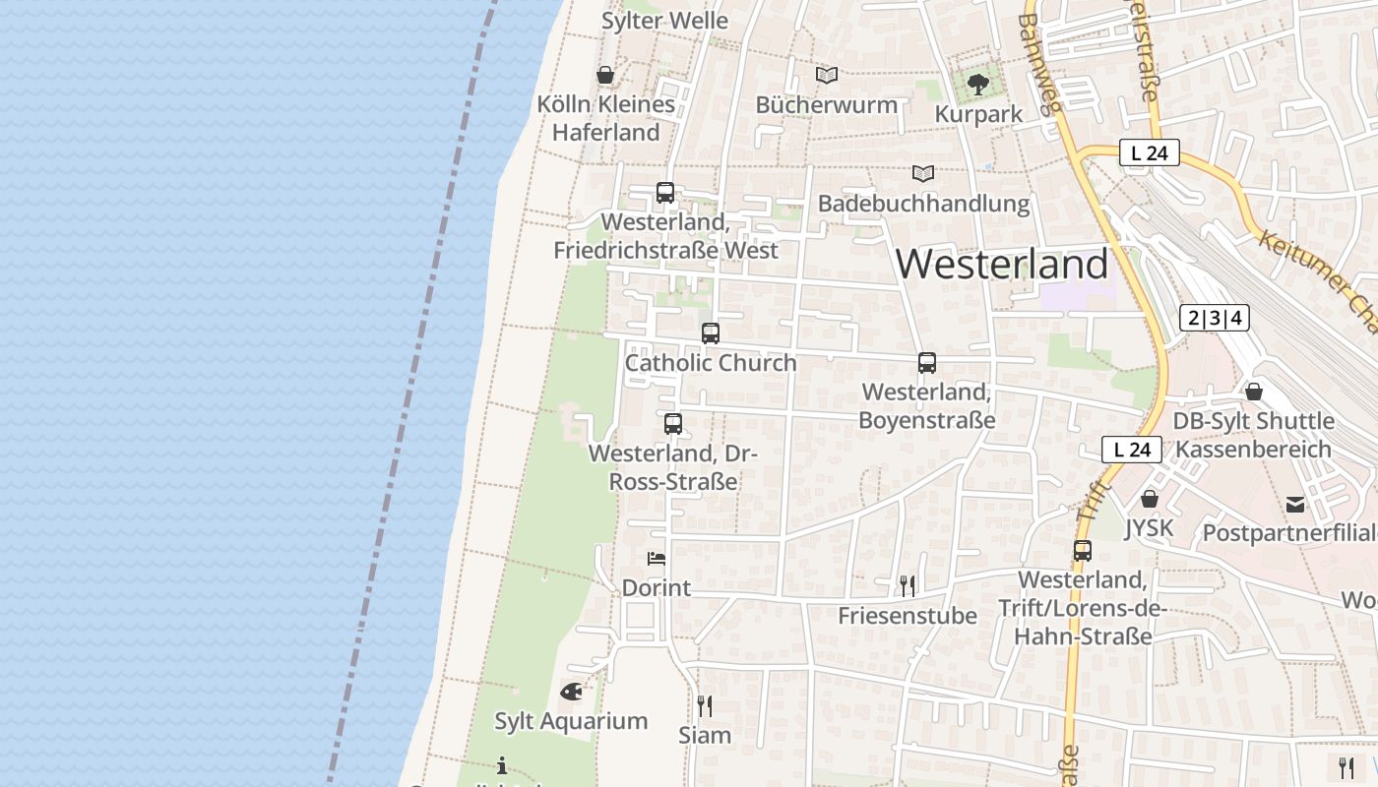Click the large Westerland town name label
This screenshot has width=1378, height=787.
click(x=1002, y=264)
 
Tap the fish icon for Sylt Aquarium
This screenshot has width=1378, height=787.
click(x=571, y=692)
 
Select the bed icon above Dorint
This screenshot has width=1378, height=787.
click(x=657, y=559)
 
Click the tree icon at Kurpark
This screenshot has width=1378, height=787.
click(x=977, y=85)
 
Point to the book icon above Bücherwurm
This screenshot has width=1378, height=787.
click(x=827, y=75)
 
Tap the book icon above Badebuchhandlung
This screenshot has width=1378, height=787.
click(x=922, y=174)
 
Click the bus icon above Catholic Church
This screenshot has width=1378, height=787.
click(x=711, y=333)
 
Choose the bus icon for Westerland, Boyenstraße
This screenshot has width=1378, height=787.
click(x=927, y=363)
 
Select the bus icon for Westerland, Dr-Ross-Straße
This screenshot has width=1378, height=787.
click(x=673, y=424)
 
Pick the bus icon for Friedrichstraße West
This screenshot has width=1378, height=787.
click(x=665, y=192)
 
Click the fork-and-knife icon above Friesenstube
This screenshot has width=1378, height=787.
click(x=908, y=586)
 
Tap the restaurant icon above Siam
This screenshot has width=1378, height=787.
click(x=705, y=705)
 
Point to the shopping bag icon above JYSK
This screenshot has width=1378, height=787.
click(x=1149, y=499)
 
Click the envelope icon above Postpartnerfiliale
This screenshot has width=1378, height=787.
click(x=1295, y=505)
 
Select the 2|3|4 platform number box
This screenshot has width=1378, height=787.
click(x=1215, y=318)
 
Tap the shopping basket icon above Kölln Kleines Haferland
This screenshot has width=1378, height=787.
click(x=605, y=75)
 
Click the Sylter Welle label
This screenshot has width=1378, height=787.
click(x=664, y=20)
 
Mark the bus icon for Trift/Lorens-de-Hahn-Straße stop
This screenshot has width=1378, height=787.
click(x=1083, y=551)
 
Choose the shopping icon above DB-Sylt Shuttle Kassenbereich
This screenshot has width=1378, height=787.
click(x=1254, y=392)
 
